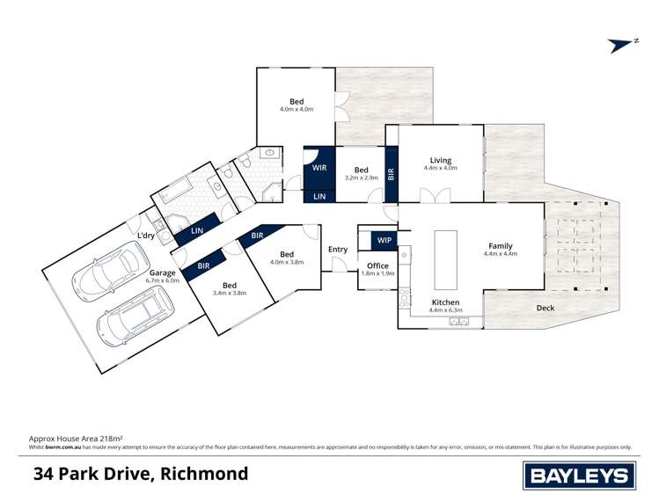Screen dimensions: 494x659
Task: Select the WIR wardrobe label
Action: coord(319,167)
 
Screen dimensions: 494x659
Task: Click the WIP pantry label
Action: coord(384,239)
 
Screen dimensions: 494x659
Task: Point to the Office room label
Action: coord(377,265)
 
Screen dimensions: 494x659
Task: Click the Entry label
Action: coord(338,250)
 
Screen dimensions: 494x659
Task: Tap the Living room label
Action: coord(440,161)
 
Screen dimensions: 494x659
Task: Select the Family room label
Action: coord(500,246)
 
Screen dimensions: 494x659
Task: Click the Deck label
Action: coord(546,309)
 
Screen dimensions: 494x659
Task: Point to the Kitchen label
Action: coord(445,301)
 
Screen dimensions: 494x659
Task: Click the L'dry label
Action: coord(146,236)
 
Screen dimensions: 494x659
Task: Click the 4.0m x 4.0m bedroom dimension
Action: coord(297,109)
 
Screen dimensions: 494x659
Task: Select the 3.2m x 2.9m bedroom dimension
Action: coord(361,178)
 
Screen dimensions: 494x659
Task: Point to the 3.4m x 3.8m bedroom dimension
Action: coord(230,293)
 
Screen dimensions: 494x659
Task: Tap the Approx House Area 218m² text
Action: coord(76,437)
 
